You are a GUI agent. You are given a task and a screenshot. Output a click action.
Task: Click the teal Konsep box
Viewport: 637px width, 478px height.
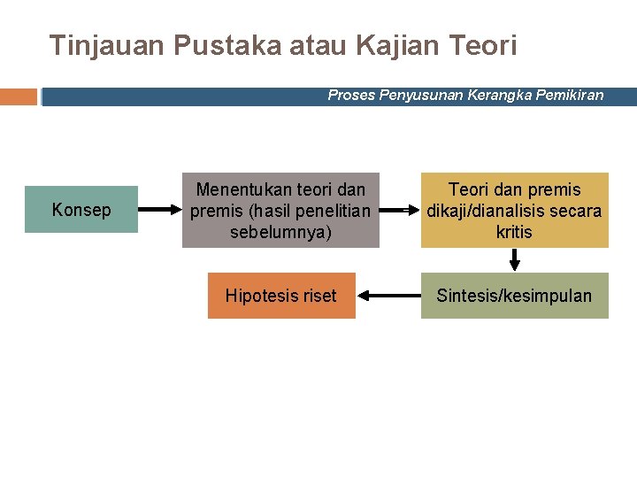coord(81,210)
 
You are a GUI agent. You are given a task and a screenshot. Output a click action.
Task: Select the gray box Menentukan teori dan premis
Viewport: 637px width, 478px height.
coord(280,210)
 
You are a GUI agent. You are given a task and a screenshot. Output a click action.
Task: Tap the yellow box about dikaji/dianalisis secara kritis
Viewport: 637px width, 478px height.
coord(514,210)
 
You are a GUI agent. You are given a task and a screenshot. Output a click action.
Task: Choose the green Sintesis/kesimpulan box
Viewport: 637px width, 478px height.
coord(514,296)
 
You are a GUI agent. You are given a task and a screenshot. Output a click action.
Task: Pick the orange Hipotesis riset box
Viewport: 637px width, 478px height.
coord(281,296)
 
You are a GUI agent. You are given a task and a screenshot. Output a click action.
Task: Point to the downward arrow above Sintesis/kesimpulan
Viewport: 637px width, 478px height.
coord(514,259)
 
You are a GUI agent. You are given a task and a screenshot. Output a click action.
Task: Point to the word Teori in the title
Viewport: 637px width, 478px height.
coord(484,45)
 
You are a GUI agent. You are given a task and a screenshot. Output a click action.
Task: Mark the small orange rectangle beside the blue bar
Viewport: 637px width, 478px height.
coord(19,96)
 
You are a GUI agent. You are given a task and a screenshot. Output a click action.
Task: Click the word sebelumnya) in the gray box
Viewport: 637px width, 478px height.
coord(280,232)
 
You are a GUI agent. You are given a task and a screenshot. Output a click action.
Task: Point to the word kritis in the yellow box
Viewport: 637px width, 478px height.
coord(514,232)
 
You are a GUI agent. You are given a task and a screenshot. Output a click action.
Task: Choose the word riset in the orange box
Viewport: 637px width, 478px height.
coord(317,296)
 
